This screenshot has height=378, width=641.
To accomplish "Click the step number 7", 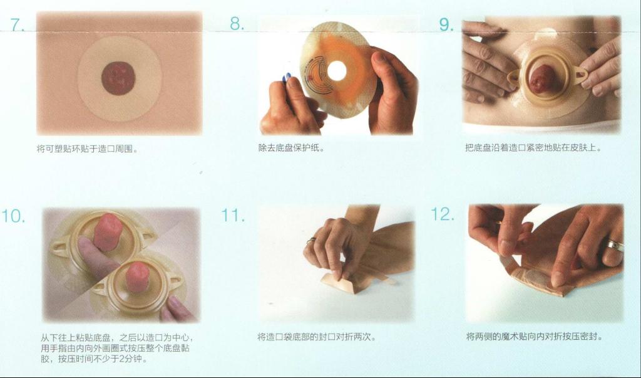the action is coord(17,25).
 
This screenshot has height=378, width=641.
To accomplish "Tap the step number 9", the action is coord(446,25).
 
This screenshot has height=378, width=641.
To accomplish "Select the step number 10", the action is coord(13,216).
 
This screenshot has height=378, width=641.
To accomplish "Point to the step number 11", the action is coord(233,215).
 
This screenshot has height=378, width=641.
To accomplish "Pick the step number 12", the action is coord(443,214).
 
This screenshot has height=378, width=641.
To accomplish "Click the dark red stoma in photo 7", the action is coord(118,78).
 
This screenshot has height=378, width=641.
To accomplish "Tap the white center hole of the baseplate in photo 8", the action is coord(337,71).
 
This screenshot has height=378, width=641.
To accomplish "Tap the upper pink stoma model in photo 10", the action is coord(108,232).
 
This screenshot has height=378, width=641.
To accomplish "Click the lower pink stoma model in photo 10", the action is coord(138,277).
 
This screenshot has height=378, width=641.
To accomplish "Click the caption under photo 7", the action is coord(88,149).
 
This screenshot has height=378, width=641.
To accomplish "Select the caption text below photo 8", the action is coord(292,148).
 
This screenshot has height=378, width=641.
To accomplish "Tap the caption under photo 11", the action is coord(317,337).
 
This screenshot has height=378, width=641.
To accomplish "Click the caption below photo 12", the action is coord(535,337).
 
